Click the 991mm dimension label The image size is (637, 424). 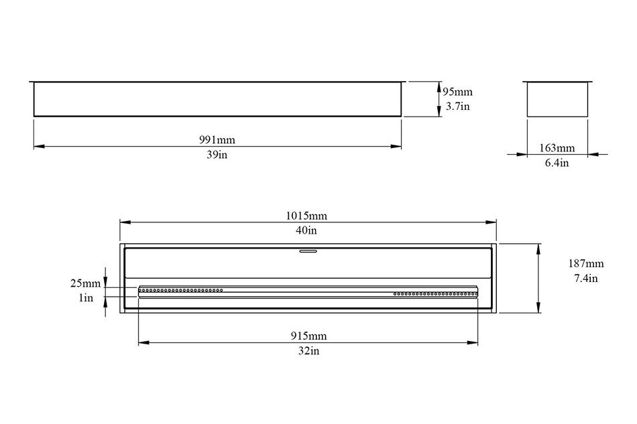(x=217, y=140)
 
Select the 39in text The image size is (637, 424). (x=217, y=155)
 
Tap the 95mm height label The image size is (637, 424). (x=457, y=92)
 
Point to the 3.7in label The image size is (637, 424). (x=457, y=107)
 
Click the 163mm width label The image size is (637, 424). (x=557, y=148)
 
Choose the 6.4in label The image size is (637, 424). (x=557, y=163)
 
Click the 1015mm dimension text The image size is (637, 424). (x=306, y=216)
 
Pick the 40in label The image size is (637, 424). (x=306, y=230)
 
